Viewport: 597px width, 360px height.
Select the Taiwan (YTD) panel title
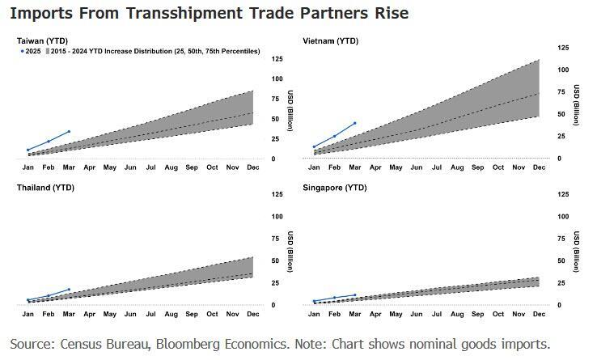tap(42, 40)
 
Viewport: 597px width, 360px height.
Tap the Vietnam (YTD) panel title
tap(330, 40)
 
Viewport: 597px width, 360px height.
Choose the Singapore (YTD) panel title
tap(334, 187)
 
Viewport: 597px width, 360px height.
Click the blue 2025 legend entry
tap(30, 51)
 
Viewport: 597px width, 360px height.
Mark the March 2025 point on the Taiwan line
tap(69, 131)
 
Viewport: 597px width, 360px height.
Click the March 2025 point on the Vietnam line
tap(355, 124)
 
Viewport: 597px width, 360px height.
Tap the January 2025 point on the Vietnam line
tap(314, 146)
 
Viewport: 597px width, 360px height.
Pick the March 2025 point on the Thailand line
tap(69, 289)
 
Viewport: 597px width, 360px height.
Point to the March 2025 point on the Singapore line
tap(355, 295)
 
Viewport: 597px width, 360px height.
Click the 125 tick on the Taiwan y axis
tap(277, 59)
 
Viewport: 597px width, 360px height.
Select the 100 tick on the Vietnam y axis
tap(562, 69)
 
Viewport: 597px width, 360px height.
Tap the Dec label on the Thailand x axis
tap(253, 314)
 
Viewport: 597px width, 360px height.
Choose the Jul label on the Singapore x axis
tap(437, 314)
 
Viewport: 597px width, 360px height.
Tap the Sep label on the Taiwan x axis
tap(192, 167)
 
